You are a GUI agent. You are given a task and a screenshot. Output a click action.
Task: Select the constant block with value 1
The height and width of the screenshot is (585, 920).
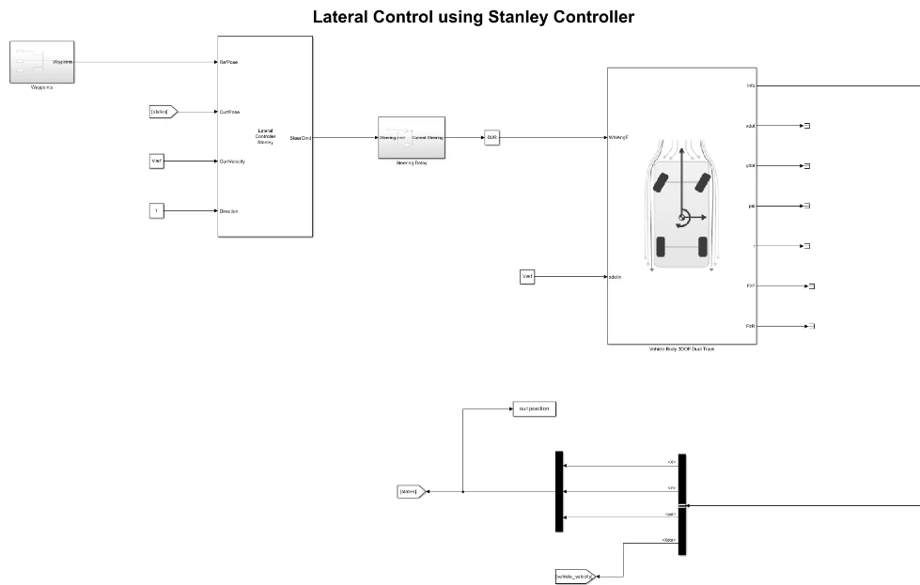click(x=157, y=211)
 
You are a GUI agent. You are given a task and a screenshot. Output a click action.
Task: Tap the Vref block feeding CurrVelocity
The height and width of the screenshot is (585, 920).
click(x=157, y=162)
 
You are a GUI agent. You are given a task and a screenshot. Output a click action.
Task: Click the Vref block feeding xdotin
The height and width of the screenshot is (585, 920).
click(x=527, y=276)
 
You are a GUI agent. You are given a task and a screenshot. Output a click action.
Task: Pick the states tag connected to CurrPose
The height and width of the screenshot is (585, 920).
click(x=163, y=112)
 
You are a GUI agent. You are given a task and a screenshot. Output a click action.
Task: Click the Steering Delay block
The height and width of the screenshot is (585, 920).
click(x=411, y=137)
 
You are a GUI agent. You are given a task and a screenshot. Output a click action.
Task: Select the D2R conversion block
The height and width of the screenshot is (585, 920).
click(x=491, y=137)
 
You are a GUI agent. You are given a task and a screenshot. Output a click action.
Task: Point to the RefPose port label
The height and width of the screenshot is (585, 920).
click(x=228, y=63)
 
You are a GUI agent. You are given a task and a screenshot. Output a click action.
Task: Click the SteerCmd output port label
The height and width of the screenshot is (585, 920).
click(x=301, y=137)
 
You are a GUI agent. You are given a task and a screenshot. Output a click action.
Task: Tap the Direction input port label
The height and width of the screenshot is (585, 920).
click(x=228, y=211)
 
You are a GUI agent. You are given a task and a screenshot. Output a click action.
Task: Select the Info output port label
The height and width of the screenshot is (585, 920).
click(x=750, y=85)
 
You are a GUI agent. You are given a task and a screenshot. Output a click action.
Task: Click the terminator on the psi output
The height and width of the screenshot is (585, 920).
click(x=807, y=206)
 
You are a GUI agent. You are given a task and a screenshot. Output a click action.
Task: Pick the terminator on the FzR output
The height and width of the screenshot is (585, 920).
click(x=811, y=326)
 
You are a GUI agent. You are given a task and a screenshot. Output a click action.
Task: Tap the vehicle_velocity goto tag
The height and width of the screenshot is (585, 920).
click(x=574, y=576)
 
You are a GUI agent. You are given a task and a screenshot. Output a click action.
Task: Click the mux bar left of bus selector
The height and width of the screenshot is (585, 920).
click(x=559, y=491)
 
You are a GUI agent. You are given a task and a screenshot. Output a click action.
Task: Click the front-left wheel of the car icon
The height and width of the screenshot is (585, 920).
click(x=662, y=182)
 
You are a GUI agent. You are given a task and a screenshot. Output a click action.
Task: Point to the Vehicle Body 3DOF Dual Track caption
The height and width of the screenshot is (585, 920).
click(x=681, y=349)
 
